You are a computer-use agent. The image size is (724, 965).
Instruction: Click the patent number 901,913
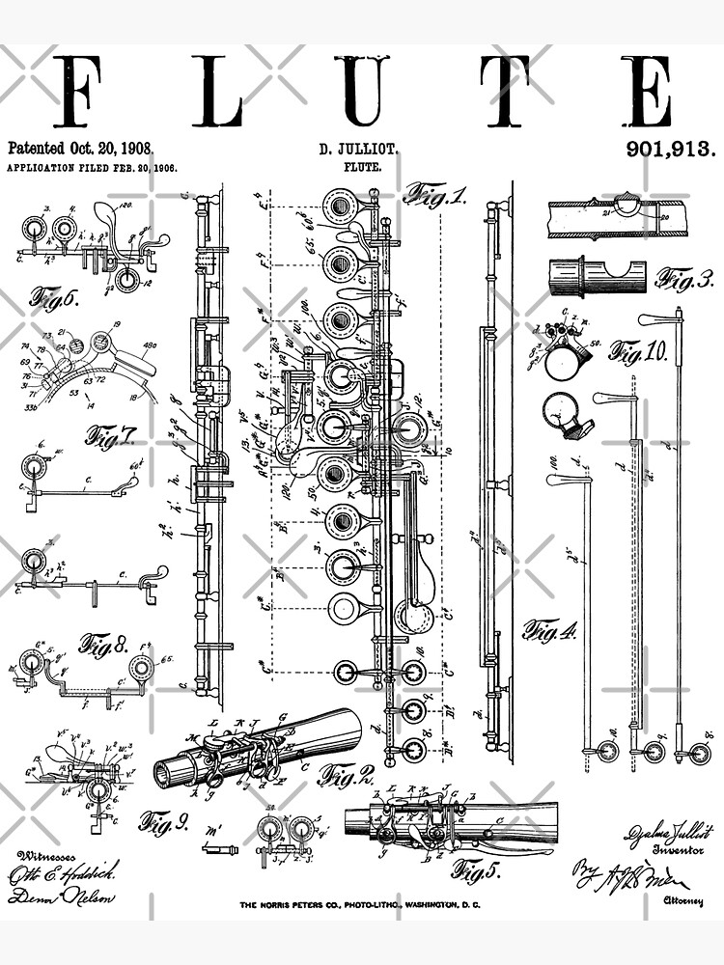(671, 149)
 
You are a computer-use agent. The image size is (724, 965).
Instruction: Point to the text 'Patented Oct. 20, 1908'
(80, 149)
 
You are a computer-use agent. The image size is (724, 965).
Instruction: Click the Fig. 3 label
(684, 279)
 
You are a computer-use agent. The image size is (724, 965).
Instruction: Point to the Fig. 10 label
(638, 351)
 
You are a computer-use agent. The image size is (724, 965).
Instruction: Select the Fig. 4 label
(549, 631)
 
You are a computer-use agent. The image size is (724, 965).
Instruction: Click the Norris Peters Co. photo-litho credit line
(360, 904)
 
